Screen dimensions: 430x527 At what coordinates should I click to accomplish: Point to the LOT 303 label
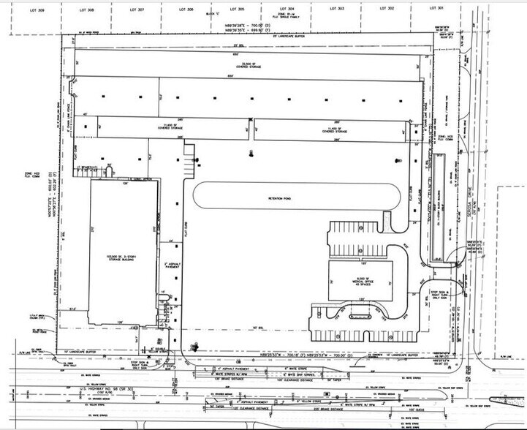pyautogui.click(x=337, y=9)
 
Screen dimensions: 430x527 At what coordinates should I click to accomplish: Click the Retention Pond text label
pyautogui.click(x=280, y=196)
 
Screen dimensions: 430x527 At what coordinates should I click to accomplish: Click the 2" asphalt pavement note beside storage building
pyautogui.click(x=172, y=265)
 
